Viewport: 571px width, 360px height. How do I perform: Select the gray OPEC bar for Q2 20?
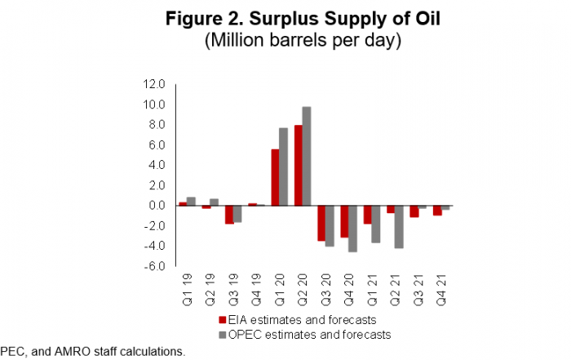coord(307,156)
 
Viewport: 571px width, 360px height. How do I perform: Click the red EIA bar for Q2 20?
coord(298,165)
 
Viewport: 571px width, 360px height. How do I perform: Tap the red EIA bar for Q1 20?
coord(275,177)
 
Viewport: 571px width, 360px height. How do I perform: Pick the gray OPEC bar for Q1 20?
coord(284,167)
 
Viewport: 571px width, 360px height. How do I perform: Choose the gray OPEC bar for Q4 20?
coord(353,229)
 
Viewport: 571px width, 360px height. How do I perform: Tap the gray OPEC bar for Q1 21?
coord(376,224)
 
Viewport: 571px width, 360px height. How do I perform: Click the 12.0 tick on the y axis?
coord(155,84)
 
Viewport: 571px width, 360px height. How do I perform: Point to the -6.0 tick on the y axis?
coord(155,266)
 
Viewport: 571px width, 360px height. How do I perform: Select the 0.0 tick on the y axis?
coord(157,206)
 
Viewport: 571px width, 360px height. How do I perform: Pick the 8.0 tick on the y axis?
coord(157,125)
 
